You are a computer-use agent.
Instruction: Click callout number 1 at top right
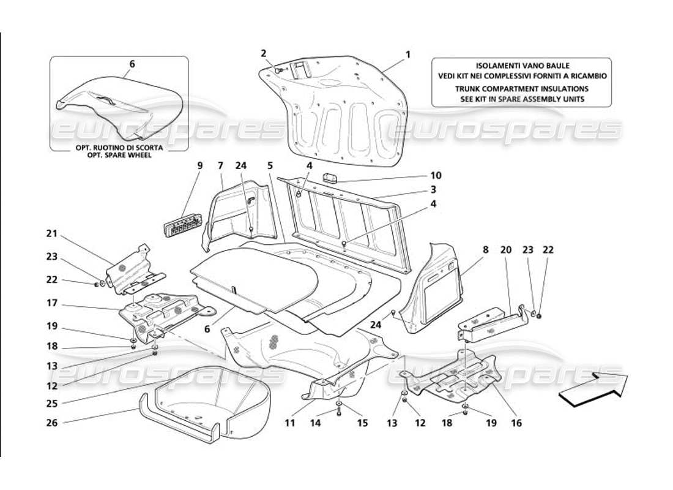pos(407,55)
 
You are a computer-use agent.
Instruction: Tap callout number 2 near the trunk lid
pos(264,53)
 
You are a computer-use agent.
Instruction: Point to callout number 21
pos(51,233)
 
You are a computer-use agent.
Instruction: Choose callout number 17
pos(51,303)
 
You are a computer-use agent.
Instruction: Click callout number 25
pos(51,404)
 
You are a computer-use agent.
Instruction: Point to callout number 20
pos(506,250)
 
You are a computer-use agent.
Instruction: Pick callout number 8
pos(485,250)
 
